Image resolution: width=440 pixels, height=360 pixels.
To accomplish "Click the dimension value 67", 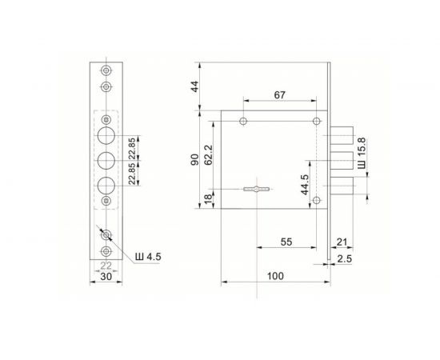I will click(x=278, y=95).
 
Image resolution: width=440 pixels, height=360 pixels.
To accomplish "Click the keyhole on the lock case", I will click(x=255, y=189).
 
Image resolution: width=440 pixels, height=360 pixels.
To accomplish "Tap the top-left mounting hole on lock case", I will click(x=242, y=122).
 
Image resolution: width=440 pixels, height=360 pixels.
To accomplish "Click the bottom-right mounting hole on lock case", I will click(x=318, y=200).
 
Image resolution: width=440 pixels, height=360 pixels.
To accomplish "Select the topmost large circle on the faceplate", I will click(x=106, y=133).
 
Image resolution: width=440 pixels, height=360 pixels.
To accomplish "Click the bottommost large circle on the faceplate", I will click(x=106, y=185).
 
